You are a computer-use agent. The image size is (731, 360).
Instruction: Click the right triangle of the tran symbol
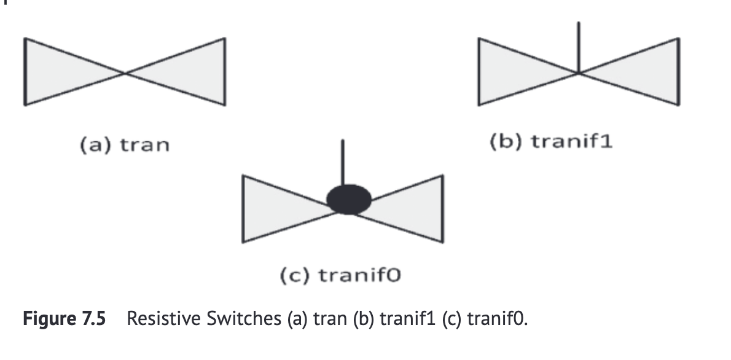pos(190,73)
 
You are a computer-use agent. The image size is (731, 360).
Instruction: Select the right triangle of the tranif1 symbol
pos(645,73)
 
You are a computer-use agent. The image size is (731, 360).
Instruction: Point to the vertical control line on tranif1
pos(579,46)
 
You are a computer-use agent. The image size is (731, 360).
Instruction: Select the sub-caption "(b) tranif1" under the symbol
pos(552,141)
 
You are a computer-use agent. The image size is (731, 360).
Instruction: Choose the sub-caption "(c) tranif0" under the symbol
pos(340,276)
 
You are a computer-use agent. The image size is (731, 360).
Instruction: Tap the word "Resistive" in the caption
pos(159,320)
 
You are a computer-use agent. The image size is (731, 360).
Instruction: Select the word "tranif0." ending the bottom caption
pos(499,320)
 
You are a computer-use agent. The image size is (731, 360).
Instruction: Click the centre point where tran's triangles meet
pos(125,73)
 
